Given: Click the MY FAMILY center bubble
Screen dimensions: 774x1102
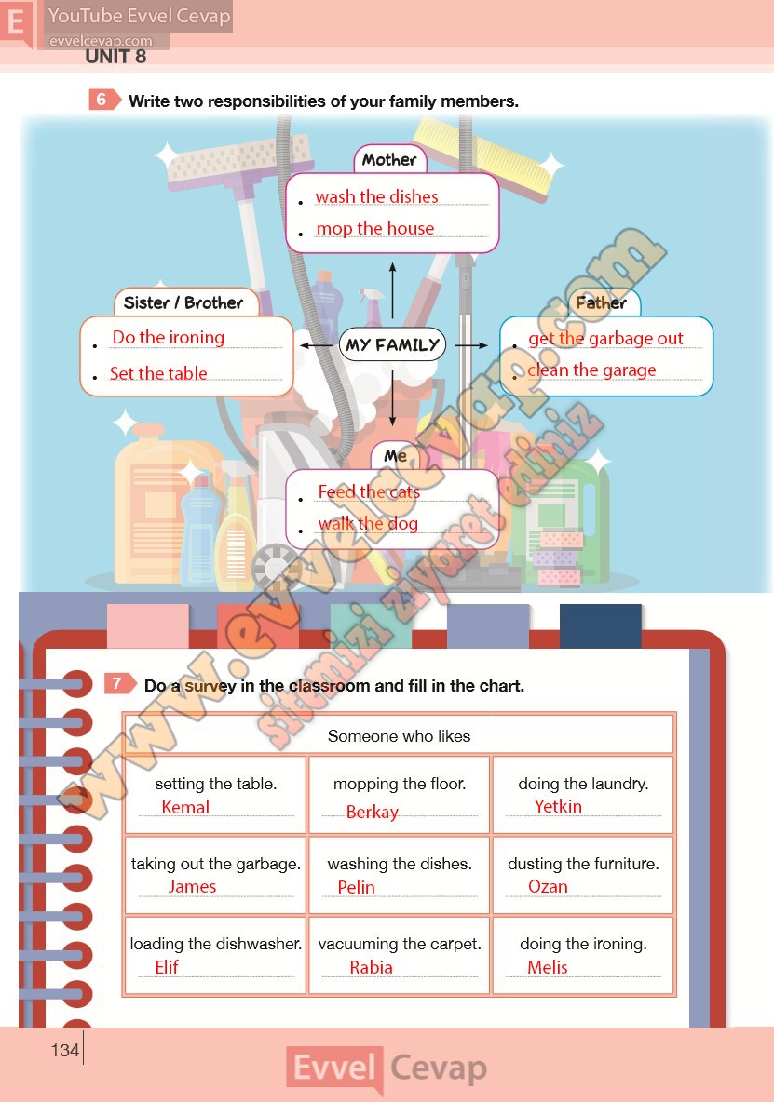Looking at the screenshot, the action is [x=392, y=344].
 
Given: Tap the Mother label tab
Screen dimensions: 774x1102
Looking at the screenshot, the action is [x=389, y=159].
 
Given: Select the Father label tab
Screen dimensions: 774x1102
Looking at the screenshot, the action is [x=602, y=302].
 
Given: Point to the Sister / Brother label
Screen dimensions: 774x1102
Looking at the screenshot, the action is [x=184, y=302].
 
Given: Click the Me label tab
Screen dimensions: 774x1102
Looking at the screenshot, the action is [x=395, y=455].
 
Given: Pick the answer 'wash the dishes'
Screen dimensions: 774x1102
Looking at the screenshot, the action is [x=377, y=196].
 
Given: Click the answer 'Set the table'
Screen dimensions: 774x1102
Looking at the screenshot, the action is [x=158, y=373].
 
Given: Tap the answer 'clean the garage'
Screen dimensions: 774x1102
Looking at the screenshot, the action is [x=592, y=370].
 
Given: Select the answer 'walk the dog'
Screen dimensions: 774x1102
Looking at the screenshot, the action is [x=368, y=524].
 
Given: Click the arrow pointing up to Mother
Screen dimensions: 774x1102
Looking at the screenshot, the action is [x=392, y=290].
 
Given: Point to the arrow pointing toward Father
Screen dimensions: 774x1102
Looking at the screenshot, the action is [x=471, y=345].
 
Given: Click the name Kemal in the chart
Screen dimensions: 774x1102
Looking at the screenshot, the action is [x=185, y=807].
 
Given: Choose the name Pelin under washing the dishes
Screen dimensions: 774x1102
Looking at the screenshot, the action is [x=357, y=887].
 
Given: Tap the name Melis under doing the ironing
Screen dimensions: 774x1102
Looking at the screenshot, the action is [x=548, y=967].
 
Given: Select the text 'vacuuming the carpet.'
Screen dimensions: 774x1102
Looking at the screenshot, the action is [x=400, y=944].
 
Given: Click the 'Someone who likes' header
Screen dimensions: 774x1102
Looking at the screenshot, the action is [x=399, y=736].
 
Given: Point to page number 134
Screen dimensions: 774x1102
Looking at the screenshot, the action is [x=64, y=1050].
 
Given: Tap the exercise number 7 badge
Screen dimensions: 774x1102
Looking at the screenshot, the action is [x=119, y=683].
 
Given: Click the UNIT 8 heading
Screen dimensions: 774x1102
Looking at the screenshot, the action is [x=115, y=56].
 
